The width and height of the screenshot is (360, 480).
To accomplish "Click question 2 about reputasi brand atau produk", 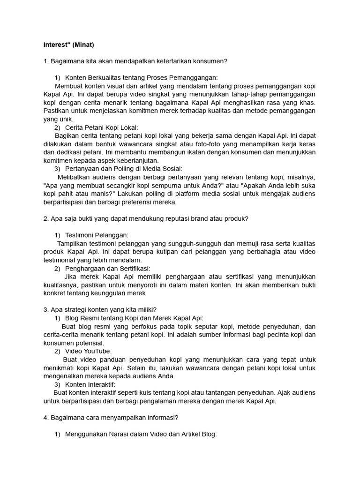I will click(x=146, y=218).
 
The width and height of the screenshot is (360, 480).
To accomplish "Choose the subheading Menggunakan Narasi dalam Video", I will click(x=141, y=434).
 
